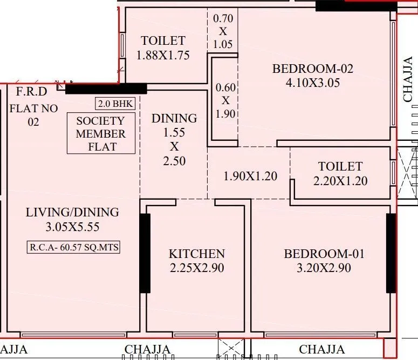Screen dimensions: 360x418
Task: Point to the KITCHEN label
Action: tap(196, 254)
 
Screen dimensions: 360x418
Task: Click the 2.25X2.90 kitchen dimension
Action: tap(196, 268)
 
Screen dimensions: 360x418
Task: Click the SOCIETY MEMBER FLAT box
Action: tap(100, 133)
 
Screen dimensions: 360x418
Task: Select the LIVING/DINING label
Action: tap(72, 213)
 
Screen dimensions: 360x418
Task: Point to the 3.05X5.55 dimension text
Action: tap(72, 227)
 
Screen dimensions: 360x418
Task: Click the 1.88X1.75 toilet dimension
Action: tap(163, 55)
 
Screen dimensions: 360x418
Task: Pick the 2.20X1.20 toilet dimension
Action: tap(340, 181)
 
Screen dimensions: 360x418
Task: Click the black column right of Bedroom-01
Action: tap(390, 253)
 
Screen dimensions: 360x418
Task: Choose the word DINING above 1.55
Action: tap(174, 118)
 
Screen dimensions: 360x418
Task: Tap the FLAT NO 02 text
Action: tap(33, 115)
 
